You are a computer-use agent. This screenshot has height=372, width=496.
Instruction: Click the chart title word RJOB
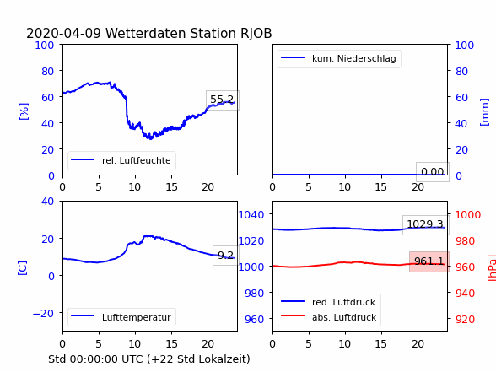pyautogui.click(x=256, y=34)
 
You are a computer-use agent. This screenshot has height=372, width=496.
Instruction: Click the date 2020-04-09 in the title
pyautogui.click(x=63, y=34)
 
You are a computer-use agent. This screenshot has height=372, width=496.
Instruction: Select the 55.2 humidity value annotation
pyautogui.click(x=223, y=100)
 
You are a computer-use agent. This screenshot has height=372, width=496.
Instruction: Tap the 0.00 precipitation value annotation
pyautogui.click(x=433, y=172)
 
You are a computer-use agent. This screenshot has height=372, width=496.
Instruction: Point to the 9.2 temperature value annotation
pyautogui.click(x=225, y=256)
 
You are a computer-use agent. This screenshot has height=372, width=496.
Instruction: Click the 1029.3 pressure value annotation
pyautogui.click(x=425, y=225)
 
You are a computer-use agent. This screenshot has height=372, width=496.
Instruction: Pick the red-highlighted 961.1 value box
pyautogui.click(x=429, y=261)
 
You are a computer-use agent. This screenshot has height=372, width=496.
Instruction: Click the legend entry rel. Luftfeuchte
pyautogui.click(x=137, y=160)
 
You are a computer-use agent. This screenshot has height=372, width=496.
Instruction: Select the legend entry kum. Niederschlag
pyautogui.click(x=354, y=58)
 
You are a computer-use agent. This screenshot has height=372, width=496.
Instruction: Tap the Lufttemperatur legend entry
pyautogui.click(x=137, y=317)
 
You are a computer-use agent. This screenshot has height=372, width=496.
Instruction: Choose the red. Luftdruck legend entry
pyautogui.click(x=344, y=302)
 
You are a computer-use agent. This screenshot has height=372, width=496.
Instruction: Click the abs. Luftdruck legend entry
pyautogui.click(x=344, y=317)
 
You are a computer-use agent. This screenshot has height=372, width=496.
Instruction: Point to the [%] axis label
pyautogui.click(x=24, y=111)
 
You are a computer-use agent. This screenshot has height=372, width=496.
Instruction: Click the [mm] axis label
pyautogui.click(x=484, y=112)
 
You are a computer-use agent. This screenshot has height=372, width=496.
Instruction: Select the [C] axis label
pyautogui.click(x=22, y=268)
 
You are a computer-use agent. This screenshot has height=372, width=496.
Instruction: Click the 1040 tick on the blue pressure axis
pyautogui.click(x=251, y=215)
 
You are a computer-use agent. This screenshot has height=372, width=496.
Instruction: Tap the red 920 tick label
pyautogui.click(x=465, y=319)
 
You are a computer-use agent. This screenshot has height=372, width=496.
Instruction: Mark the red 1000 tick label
pyautogui.click(x=468, y=215)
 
